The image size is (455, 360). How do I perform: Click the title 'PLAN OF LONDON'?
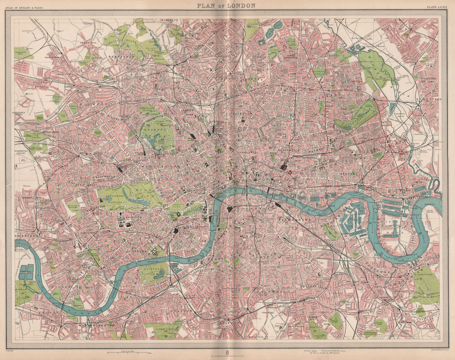(x=226, y=6)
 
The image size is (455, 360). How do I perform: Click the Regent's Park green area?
(x=157, y=132)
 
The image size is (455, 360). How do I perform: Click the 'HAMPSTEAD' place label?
(x=120, y=56)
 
